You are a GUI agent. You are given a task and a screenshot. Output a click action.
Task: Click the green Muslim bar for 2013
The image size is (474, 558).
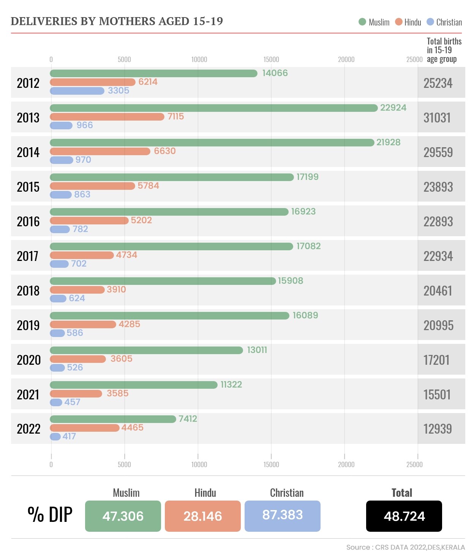click(x=213, y=108)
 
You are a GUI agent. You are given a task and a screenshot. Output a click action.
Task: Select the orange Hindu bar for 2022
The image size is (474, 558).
click(x=85, y=428)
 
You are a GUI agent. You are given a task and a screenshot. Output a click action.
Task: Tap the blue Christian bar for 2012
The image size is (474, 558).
click(x=77, y=91)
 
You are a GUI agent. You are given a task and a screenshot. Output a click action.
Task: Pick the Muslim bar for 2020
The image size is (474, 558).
click(x=146, y=350)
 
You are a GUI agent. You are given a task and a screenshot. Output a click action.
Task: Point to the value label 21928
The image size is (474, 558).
click(x=388, y=142)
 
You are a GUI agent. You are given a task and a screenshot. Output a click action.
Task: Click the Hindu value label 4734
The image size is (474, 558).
click(x=126, y=255)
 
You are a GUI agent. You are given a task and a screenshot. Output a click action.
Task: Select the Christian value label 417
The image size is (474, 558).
click(x=69, y=436)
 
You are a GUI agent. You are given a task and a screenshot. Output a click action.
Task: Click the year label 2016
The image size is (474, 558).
click(x=28, y=221)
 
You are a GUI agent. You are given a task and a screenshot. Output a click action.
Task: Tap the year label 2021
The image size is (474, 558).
click(x=28, y=394)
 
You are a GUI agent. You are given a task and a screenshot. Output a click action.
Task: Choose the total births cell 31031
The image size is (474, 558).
click(x=437, y=118)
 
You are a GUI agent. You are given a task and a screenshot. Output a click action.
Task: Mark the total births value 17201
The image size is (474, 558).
click(x=436, y=360)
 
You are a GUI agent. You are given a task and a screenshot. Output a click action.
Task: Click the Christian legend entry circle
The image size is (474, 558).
click(x=430, y=22)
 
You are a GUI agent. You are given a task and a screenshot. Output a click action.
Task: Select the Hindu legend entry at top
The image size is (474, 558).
click(x=409, y=22)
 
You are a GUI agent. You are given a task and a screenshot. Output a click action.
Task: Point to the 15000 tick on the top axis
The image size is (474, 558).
click(x=271, y=59)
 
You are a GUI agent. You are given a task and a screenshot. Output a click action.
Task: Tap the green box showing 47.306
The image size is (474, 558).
click(x=123, y=516)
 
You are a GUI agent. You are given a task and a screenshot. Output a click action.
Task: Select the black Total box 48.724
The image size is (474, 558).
click(x=404, y=516)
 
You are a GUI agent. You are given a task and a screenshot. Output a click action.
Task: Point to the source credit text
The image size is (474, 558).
click(x=405, y=547)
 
